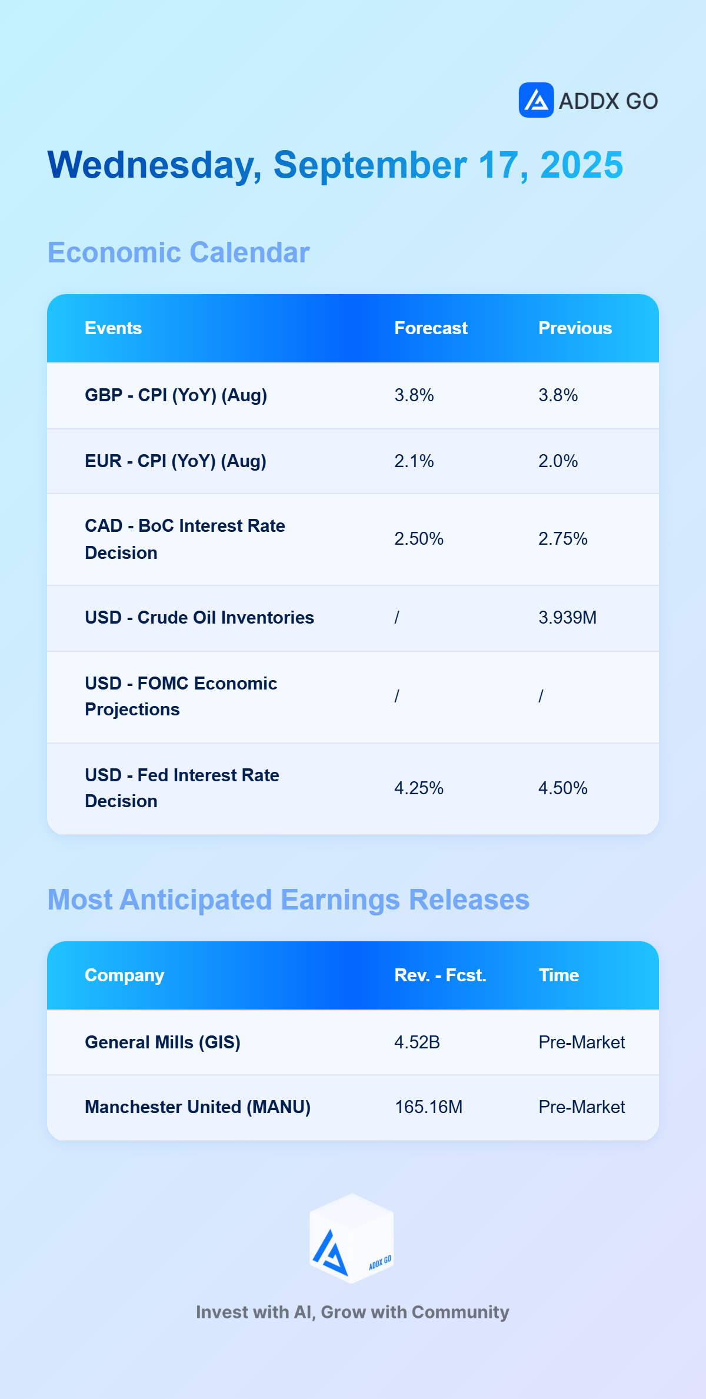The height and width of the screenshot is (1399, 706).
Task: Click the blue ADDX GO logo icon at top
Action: (536, 100)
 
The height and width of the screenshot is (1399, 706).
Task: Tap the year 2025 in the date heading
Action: (582, 165)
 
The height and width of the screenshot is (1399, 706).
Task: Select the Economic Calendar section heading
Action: (178, 252)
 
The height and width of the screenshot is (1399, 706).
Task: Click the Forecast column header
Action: (431, 328)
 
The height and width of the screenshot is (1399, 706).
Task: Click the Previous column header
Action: (575, 328)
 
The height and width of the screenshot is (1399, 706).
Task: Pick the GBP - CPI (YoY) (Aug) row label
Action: (176, 395)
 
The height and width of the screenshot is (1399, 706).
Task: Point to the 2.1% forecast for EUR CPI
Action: (414, 461)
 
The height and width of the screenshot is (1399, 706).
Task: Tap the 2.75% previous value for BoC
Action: (563, 538)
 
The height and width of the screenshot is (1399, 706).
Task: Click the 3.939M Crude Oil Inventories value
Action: (568, 617)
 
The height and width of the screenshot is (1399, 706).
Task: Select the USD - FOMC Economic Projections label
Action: (181, 696)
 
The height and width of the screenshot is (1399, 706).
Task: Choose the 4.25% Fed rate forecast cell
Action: (419, 788)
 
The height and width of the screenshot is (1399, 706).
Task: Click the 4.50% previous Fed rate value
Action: (563, 788)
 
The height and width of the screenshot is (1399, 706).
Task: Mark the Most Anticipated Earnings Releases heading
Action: (288, 900)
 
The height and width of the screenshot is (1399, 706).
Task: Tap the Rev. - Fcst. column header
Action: (440, 975)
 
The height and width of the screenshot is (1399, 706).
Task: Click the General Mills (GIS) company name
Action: (162, 1042)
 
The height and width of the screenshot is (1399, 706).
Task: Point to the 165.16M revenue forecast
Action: (428, 1107)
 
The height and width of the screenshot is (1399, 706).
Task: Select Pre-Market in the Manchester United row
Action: (582, 1107)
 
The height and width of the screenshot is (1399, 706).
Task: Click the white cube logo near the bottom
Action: (352, 1238)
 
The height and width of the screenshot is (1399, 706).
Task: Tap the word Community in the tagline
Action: (460, 1312)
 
